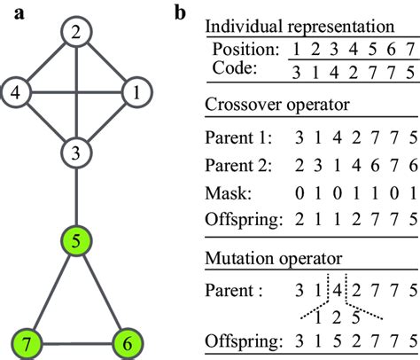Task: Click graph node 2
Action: coord(77,35)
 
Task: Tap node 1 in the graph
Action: coord(136,91)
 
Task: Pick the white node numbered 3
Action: coord(77,153)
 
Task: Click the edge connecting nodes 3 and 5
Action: coord(77,197)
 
